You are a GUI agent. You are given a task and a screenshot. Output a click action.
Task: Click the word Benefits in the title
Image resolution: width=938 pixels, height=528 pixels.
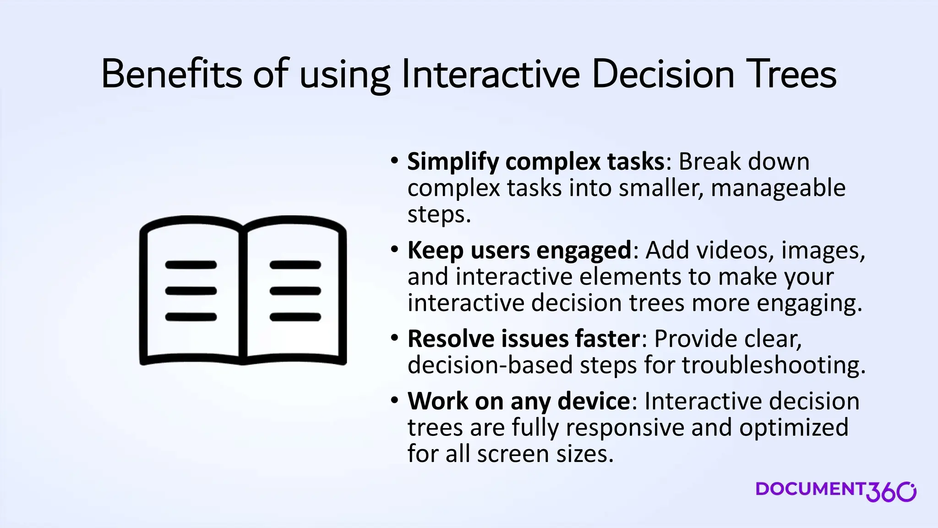[x=171, y=74]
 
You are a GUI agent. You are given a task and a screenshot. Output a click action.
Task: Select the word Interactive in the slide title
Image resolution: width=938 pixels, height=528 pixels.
[x=491, y=74]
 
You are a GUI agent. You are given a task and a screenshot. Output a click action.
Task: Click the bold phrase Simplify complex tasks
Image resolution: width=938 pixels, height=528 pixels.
[x=535, y=161]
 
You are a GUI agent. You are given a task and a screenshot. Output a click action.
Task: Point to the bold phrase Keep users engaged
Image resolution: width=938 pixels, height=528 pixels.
[x=519, y=250]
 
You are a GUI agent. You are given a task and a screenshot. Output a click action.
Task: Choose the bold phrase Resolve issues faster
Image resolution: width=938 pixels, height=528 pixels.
[x=524, y=339]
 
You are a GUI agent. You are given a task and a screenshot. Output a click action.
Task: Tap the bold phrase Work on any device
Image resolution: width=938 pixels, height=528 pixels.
[x=519, y=401]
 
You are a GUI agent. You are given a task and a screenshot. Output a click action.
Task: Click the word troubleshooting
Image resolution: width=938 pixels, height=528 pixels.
[x=773, y=365]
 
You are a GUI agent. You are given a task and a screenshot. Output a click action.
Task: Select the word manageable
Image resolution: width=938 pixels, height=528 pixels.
[x=778, y=188]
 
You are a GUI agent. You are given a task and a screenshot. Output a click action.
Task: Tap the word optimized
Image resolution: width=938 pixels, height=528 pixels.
[x=794, y=427]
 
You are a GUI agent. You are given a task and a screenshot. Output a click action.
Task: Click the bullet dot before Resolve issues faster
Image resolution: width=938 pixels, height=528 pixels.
[x=395, y=338]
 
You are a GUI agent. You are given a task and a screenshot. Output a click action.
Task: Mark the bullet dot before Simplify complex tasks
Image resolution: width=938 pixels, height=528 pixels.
[x=395, y=161]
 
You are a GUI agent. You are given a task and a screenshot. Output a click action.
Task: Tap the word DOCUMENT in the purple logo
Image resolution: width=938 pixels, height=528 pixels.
[x=810, y=489]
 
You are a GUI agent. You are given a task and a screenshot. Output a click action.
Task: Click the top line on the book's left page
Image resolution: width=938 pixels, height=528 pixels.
[x=191, y=265]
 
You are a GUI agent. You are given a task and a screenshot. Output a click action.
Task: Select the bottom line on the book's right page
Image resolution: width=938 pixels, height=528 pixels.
[x=295, y=317]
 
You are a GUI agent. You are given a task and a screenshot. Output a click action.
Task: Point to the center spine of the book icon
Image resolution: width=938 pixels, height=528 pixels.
[x=243, y=293]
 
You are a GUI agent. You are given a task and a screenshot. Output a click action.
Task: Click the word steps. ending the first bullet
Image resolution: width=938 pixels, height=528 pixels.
[x=439, y=214]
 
